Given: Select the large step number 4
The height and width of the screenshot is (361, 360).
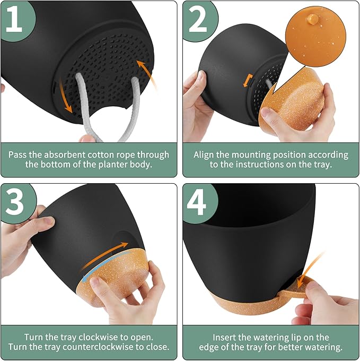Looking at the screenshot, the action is [197, 202].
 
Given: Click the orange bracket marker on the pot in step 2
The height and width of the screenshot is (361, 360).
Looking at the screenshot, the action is [248, 81].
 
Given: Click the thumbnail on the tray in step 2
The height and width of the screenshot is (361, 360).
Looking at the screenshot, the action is [267, 113].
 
